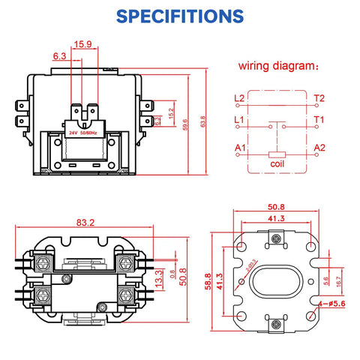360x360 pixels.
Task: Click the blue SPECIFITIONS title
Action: pyautogui.click(x=180, y=16)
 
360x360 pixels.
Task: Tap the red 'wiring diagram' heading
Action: pyautogui.click(x=277, y=65)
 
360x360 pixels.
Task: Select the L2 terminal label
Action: pyautogui.click(x=239, y=98)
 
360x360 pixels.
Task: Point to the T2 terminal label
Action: pyautogui.click(x=319, y=98)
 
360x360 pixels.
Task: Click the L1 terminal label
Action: pyautogui.click(x=239, y=120)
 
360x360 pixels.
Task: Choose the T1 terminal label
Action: pyautogui.click(x=319, y=120)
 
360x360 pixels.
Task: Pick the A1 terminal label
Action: pyautogui.click(x=239, y=148)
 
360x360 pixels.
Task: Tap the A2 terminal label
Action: pyautogui.click(x=319, y=148)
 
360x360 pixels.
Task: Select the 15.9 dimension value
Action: pyautogui.click(x=83, y=44)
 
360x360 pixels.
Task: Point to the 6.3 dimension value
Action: pyautogui.click(x=59, y=56)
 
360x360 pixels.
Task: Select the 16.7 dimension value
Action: pyautogui.click(x=338, y=283)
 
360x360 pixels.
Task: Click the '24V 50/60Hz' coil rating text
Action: pyautogui.click(x=84, y=132)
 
